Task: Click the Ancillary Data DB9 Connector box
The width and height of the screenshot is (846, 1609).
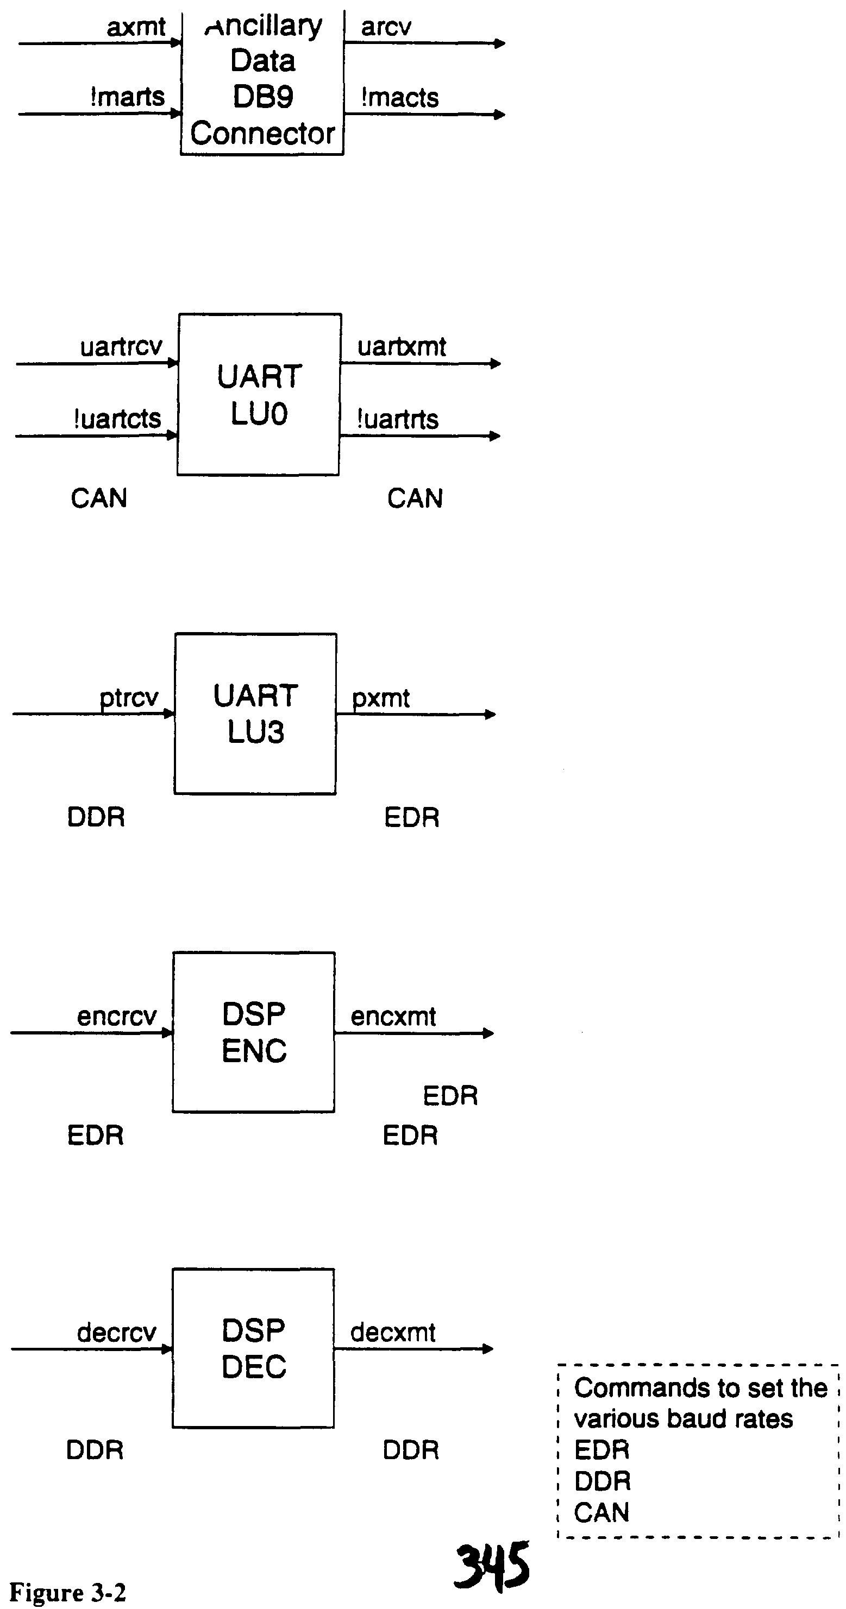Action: (x=262, y=81)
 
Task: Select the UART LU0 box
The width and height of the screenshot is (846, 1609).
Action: (x=259, y=395)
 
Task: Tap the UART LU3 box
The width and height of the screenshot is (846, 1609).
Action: (x=255, y=714)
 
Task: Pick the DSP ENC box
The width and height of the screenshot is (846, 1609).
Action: (x=254, y=1032)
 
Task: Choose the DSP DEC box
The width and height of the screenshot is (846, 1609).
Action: (x=253, y=1348)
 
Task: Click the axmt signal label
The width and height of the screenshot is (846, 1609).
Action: (x=136, y=27)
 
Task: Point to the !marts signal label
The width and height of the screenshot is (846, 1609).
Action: (x=128, y=97)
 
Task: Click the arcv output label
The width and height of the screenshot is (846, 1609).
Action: (x=386, y=27)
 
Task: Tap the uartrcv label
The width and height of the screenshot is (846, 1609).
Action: (x=121, y=346)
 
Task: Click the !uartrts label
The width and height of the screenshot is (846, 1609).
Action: (x=397, y=419)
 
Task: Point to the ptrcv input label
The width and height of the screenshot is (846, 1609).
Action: (x=129, y=697)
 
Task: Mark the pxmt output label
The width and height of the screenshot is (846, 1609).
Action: (x=380, y=698)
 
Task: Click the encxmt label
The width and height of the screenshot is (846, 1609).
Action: (x=393, y=1016)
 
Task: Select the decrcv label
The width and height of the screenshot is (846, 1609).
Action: (x=116, y=1333)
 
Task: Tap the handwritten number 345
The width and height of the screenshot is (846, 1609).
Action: (x=492, y=1566)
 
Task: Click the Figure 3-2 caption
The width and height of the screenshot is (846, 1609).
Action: (x=67, y=1592)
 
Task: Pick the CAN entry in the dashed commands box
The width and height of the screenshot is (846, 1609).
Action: (x=601, y=1512)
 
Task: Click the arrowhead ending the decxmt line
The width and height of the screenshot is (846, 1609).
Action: (x=488, y=1349)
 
